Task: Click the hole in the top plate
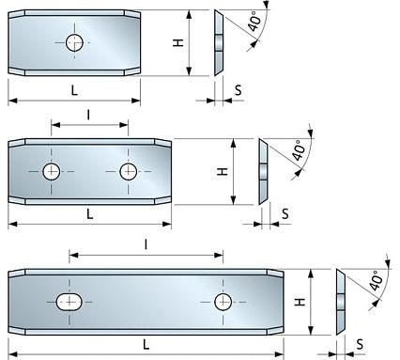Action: tap(74, 41)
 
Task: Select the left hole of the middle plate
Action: tap(52, 171)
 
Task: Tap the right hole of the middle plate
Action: tap(129, 171)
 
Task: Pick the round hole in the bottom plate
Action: tap(223, 301)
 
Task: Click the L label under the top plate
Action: tap(72, 88)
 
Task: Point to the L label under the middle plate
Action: tap(89, 213)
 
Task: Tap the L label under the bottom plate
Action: tap(146, 344)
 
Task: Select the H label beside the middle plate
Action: tap(223, 172)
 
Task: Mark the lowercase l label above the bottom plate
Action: tap(146, 243)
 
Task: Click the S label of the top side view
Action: tap(238, 89)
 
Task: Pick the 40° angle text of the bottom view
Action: tap(377, 280)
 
